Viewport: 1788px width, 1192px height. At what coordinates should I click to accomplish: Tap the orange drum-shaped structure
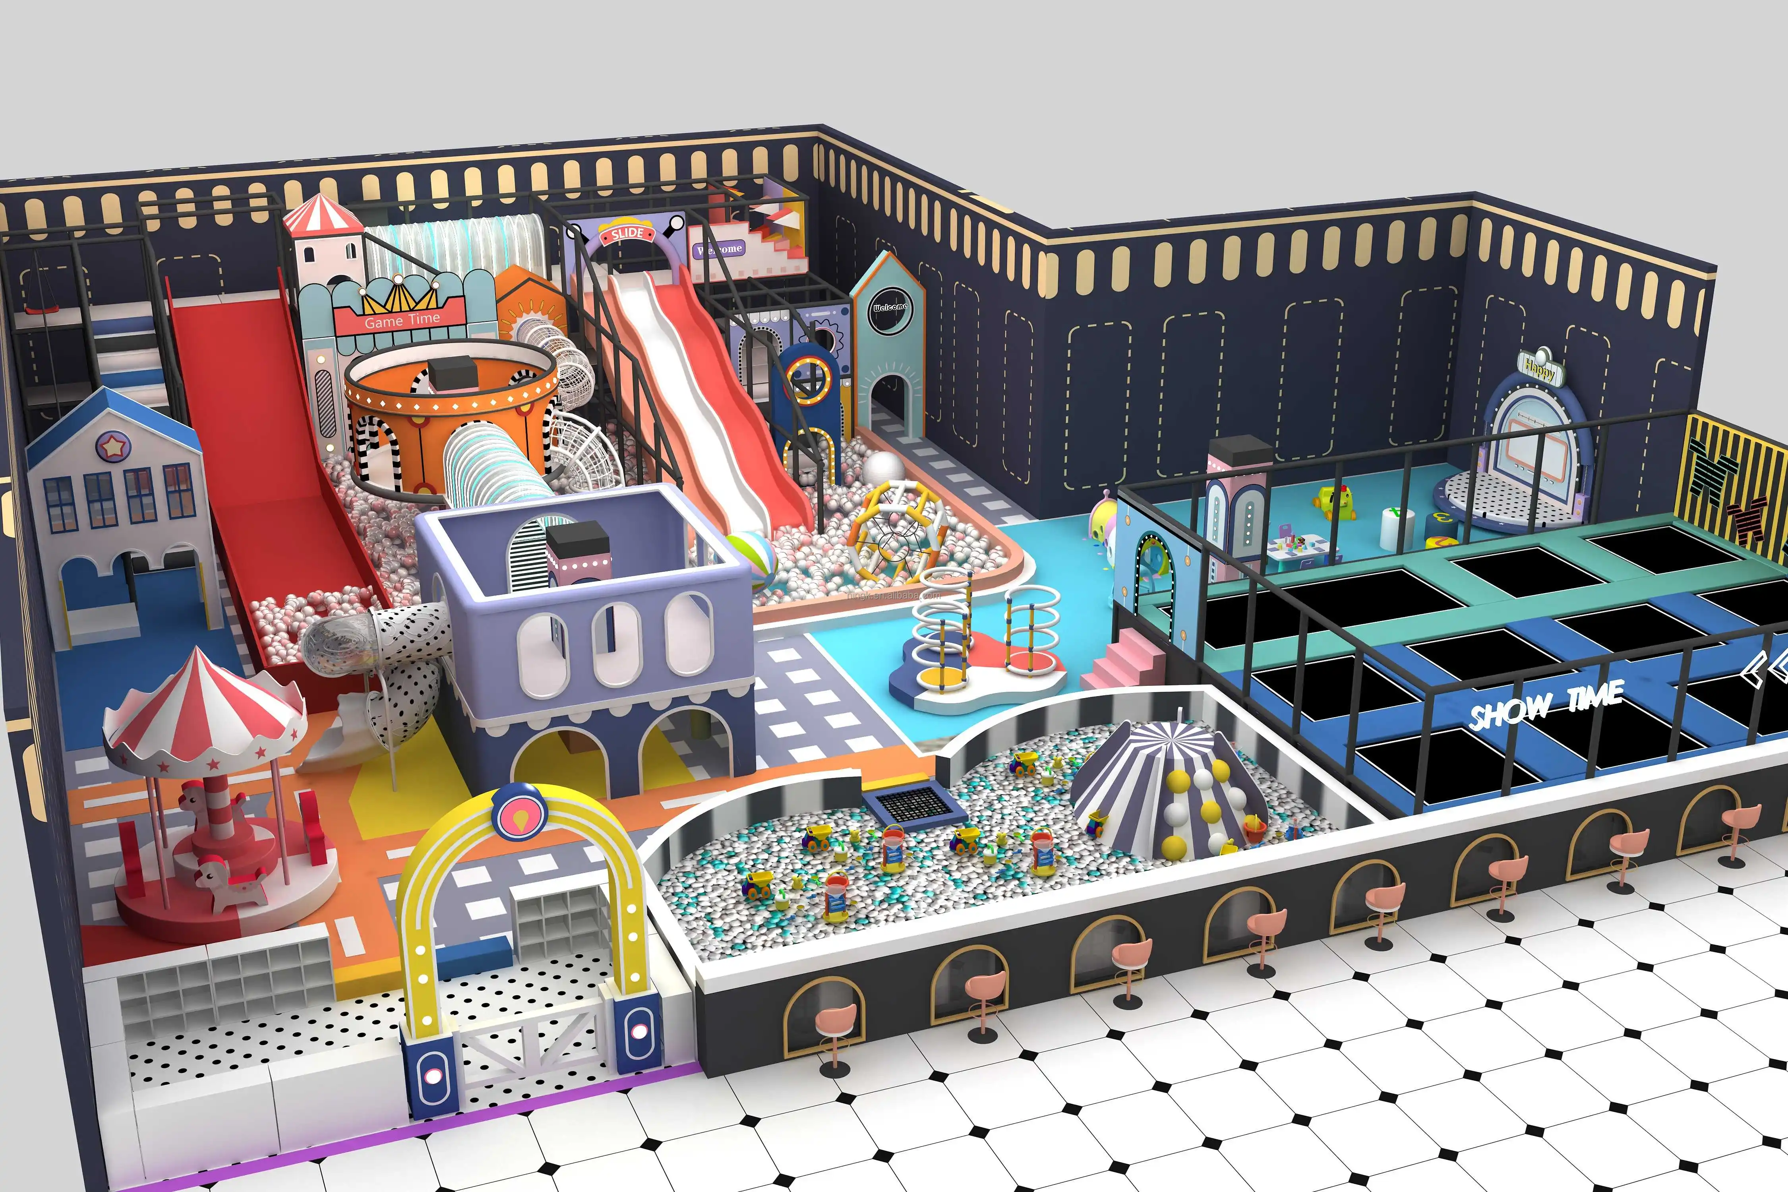pos(449,410)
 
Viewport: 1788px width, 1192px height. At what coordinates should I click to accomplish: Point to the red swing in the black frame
pos(34,308)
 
